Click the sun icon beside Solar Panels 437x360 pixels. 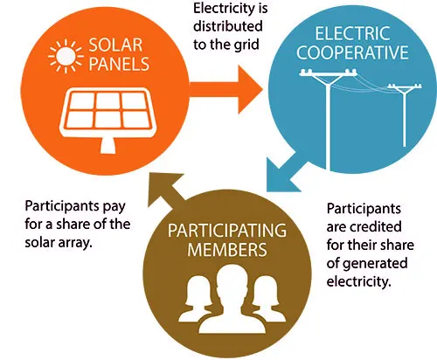(66, 56)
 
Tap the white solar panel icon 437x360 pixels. (108, 120)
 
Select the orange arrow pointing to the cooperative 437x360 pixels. (226, 89)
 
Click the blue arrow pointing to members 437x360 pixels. (286, 172)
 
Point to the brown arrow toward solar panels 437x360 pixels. (169, 190)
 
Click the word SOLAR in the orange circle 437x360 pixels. (115, 45)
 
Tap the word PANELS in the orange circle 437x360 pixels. (119, 64)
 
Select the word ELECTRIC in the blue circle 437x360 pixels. (352, 33)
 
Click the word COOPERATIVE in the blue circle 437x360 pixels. (352, 52)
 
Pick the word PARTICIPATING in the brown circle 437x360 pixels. (227, 231)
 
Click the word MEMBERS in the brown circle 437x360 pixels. (227, 250)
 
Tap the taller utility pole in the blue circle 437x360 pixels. (329, 120)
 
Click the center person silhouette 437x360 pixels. (232, 300)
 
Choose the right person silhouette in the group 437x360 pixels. (268, 299)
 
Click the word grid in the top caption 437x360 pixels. (246, 45)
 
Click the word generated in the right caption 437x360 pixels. (375, 264)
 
